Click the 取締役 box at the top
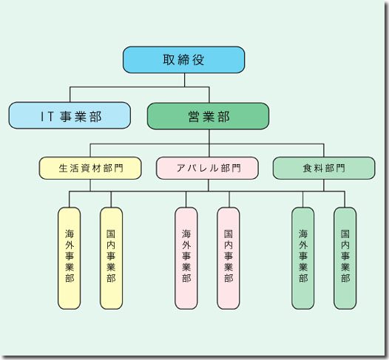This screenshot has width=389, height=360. pyautogui.click(x=184, y=60)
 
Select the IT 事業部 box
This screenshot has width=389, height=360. pyautogui.click(x=70, y=115)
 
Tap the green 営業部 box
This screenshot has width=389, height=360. pyautogui.click(x=208, y=116)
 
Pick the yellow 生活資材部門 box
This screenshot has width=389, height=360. pyautogui.click(x=90, y=168)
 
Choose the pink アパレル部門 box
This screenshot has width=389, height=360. pyautogui.click(x=207, y=168)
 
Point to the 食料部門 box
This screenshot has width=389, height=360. pyautogui.click(x=324, y=168)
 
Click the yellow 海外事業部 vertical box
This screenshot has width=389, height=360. pyautogui.click(x=70, y=258)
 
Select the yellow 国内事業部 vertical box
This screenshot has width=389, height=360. pyautogui.click(x=111, y=258)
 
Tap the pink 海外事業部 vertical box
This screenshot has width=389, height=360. pyautogui.click(x=186, y=258)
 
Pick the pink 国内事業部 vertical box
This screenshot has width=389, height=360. pyautogui.click(x=229, y=258)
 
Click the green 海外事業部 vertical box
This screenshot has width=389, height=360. pyautogui.click(x=303, y=258)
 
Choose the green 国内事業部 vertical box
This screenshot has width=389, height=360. pyautogui.click(x=345, y=258)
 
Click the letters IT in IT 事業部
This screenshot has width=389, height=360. pyautogui.click(x=47, y=117)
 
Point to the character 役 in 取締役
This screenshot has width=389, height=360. pyautogui.click(x=198, y=60)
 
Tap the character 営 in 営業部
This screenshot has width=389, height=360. pyautogui.click(x=194, y=117)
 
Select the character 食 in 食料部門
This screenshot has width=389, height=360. pyautogui.click(x=307, y=169)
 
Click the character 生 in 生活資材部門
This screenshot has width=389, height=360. pyautogui.click(x=64, y=169)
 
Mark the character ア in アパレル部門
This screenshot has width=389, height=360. pyautogui.click(x=181, y=169)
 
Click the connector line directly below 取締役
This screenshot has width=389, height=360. pyautogui.click(x=185, y=80)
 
